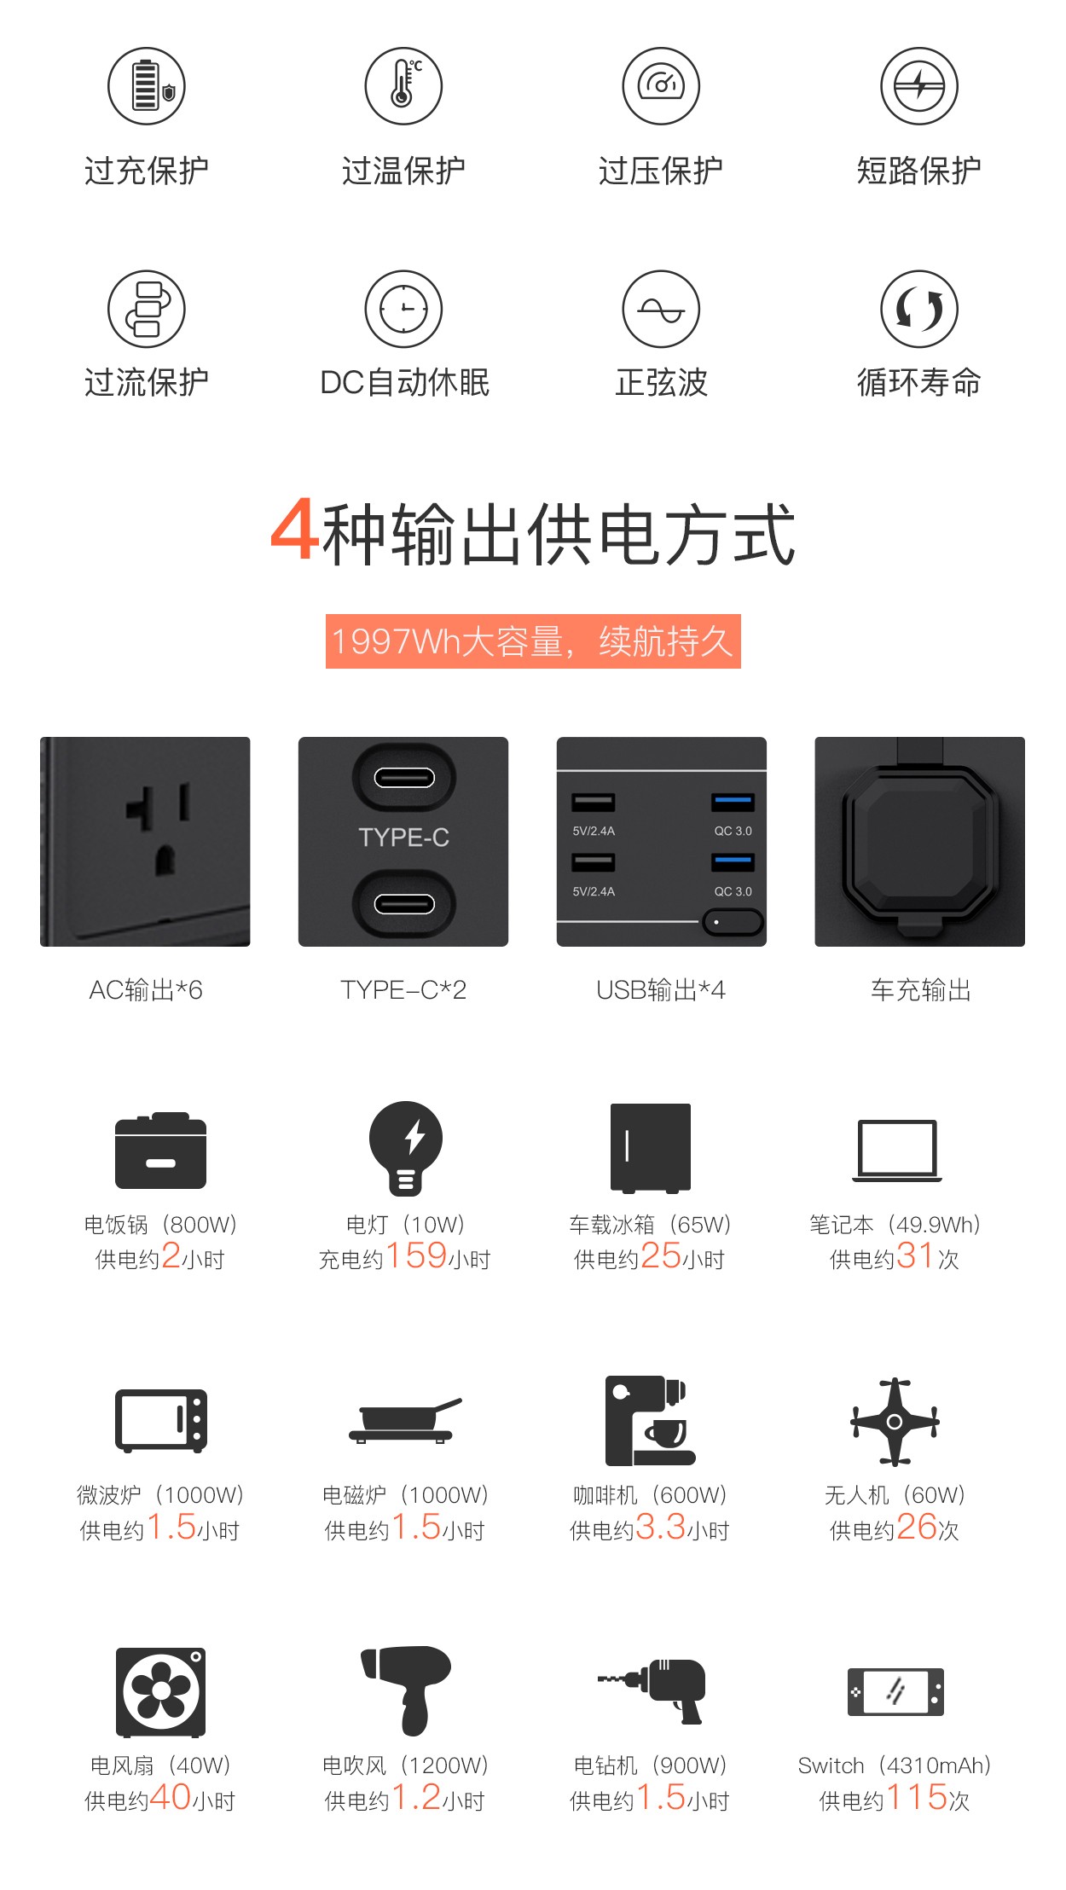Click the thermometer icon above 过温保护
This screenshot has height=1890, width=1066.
click(403, 86)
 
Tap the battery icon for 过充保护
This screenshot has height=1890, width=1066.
click(147, 86)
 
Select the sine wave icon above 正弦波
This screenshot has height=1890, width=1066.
click(661, 309)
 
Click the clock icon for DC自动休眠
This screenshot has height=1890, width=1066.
click(403, 309)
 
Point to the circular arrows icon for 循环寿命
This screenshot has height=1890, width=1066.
click(918, 309)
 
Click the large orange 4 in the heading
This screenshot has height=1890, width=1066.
click(294, 530)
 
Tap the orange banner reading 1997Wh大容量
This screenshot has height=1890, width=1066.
click(533, 641)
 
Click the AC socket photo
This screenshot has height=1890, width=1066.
click(145, 842)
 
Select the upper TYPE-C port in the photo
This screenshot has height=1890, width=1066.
click(404, 778)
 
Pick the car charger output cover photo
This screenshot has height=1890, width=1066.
click(919, 842)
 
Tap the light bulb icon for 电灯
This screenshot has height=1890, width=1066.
click(406, 1148)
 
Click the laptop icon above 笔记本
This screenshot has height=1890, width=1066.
click(897, 1151)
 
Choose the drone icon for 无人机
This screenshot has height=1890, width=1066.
click(895, 1422)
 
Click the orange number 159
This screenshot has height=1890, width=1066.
click(416, 1255)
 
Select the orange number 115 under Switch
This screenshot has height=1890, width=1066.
click(917, 1797)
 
